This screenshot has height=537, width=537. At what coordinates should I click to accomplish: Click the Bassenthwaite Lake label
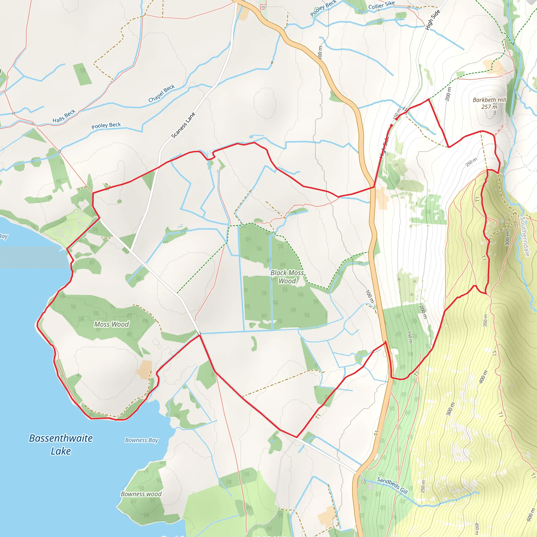(x=61, y=444)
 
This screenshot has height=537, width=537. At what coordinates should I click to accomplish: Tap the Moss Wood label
(x=111, y=324)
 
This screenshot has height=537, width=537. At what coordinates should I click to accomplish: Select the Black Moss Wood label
(x=287, y=277)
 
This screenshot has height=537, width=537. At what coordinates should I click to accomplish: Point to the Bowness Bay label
(x=142, y=440)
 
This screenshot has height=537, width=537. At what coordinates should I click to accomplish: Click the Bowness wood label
(x=141, y=494)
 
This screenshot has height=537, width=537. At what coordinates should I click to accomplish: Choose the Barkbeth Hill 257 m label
(x=490, y=103)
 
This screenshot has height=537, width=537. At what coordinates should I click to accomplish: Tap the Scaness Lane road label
(x=183, y=125)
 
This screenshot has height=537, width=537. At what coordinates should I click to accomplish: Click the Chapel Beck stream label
(x=162, y=93)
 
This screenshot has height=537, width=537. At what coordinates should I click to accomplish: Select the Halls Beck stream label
(x=64, y=116)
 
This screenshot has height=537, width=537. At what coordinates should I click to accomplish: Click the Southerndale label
(x=525, y=237)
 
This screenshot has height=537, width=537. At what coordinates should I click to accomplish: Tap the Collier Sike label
(x=381, y=5)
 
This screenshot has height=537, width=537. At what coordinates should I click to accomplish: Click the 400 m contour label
(x=483, y=377)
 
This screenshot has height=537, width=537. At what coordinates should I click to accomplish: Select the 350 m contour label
(x=485, y=320)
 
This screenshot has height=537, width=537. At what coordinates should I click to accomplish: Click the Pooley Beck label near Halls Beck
(x=106, y=126)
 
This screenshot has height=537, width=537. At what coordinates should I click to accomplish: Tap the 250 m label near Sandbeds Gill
(x=423, y=486)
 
